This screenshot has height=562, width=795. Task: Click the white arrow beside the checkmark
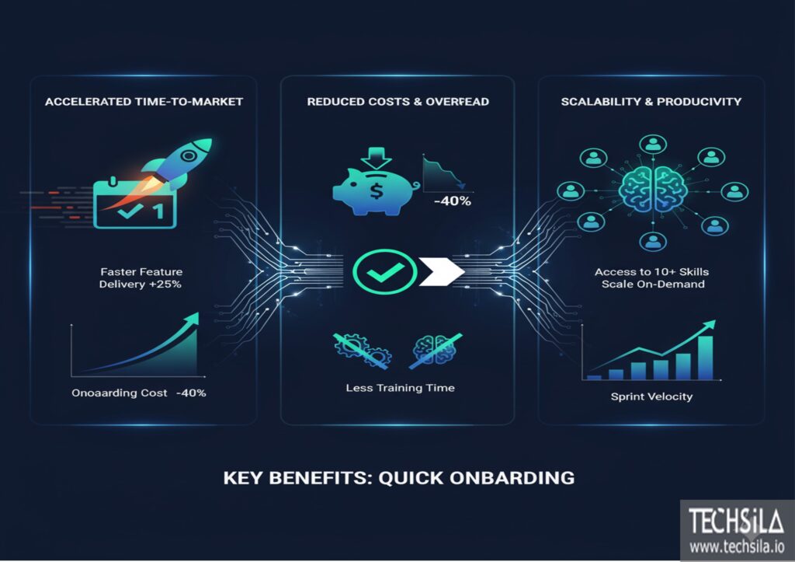441,271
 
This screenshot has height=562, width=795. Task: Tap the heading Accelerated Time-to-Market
144,102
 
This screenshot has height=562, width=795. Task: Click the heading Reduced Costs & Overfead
397,102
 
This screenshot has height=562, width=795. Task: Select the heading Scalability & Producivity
651,102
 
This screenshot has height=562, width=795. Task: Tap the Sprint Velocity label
651,397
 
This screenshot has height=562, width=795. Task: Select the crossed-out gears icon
361,349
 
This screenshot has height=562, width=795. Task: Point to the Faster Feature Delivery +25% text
141,278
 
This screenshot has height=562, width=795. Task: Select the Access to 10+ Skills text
651,272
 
